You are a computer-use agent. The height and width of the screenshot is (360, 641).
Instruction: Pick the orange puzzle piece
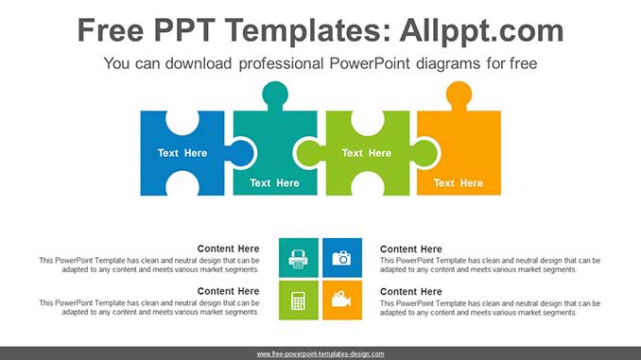click(459, 142)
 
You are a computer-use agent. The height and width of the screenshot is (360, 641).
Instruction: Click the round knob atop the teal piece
click(275, 94)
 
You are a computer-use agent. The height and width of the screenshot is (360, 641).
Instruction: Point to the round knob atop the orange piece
click(459, 94)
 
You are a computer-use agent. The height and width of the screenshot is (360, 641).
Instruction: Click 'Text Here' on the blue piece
click(182, 153)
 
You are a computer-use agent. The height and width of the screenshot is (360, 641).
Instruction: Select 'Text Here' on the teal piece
click(274, 183)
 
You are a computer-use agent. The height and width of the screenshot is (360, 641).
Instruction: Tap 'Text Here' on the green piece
click(366, 153)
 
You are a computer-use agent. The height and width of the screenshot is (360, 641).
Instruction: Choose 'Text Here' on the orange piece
click(458, 183)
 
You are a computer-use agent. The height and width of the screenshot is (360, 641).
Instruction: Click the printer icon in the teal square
click(298, 257)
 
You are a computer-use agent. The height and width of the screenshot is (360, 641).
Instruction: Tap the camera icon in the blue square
click(341, 257)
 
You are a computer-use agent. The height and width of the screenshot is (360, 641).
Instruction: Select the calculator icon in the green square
click(298, 300)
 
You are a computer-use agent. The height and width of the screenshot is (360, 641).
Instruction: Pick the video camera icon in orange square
click(341, 300)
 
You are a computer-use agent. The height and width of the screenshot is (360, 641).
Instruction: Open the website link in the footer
click(320, 353)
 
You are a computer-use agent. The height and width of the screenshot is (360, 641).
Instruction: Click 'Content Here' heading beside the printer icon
click(228, 249)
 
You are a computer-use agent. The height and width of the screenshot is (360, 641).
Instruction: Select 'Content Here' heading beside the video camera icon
click(411, 291)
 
